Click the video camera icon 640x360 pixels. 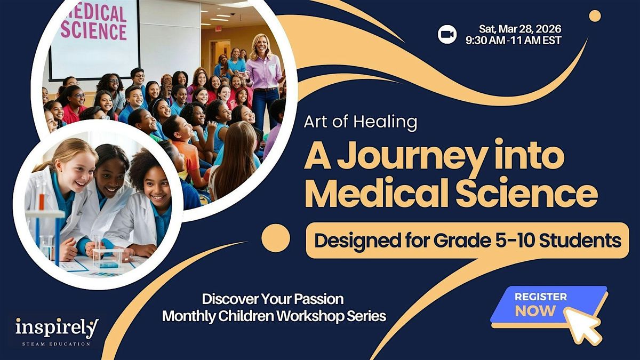pos(447,34)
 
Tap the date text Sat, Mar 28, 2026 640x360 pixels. pos(520,29)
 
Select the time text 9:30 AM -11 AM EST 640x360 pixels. pos(514,41)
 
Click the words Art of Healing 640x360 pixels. pos(361,122)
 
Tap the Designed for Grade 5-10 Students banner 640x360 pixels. pos(467,241)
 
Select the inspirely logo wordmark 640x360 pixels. pos(57,328)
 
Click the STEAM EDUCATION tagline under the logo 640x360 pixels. pos(57,344)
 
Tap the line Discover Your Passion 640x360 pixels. pos(273,299)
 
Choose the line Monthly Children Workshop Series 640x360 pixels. pos(274,316)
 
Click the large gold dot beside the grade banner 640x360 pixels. pos(276,238)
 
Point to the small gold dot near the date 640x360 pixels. pos(595,15)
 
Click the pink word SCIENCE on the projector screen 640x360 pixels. pos(93,30)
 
